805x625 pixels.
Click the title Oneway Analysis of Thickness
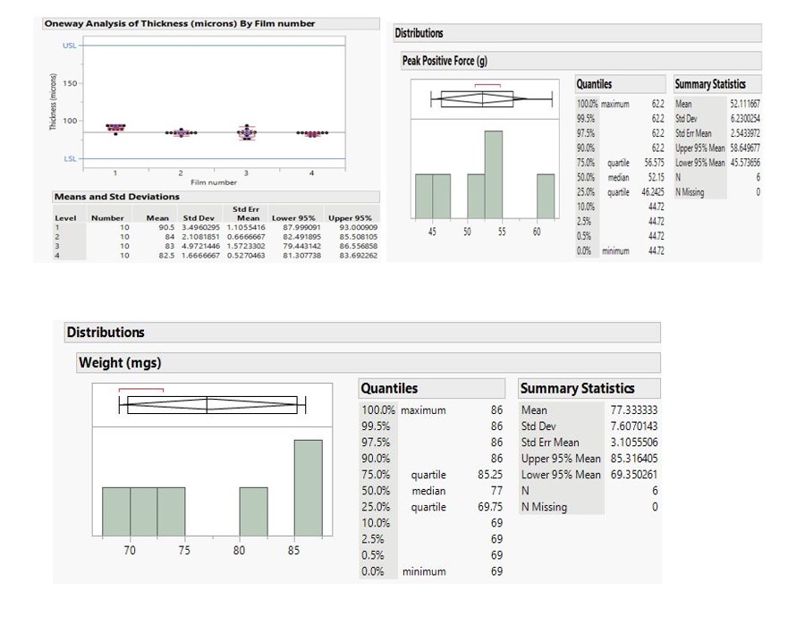click(x=179, y=23)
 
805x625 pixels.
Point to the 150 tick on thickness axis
click(x=70, y=83)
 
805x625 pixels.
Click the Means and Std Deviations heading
click(x=116, y=197)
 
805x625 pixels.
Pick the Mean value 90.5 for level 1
click(x=166, y=227)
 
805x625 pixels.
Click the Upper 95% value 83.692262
click(x=352, y=256)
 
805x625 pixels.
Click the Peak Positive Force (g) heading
click(x=445, y=61)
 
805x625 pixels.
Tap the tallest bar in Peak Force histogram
click(x=493, y=174)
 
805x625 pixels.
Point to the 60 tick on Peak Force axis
click(x=537, y=232)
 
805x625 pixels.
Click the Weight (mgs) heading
click(x=120, y=362)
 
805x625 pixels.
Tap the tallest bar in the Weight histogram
click(x=308, y=487)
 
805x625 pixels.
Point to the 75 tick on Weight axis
click(x=184, y=551)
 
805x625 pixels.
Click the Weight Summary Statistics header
click(x=577, y=388)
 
